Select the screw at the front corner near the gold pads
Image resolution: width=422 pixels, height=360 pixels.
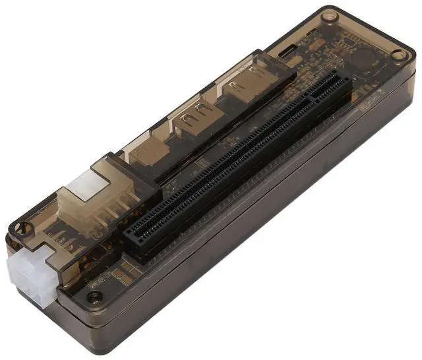(95, 297)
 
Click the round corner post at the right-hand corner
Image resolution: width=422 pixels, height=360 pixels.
(400, 55)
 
